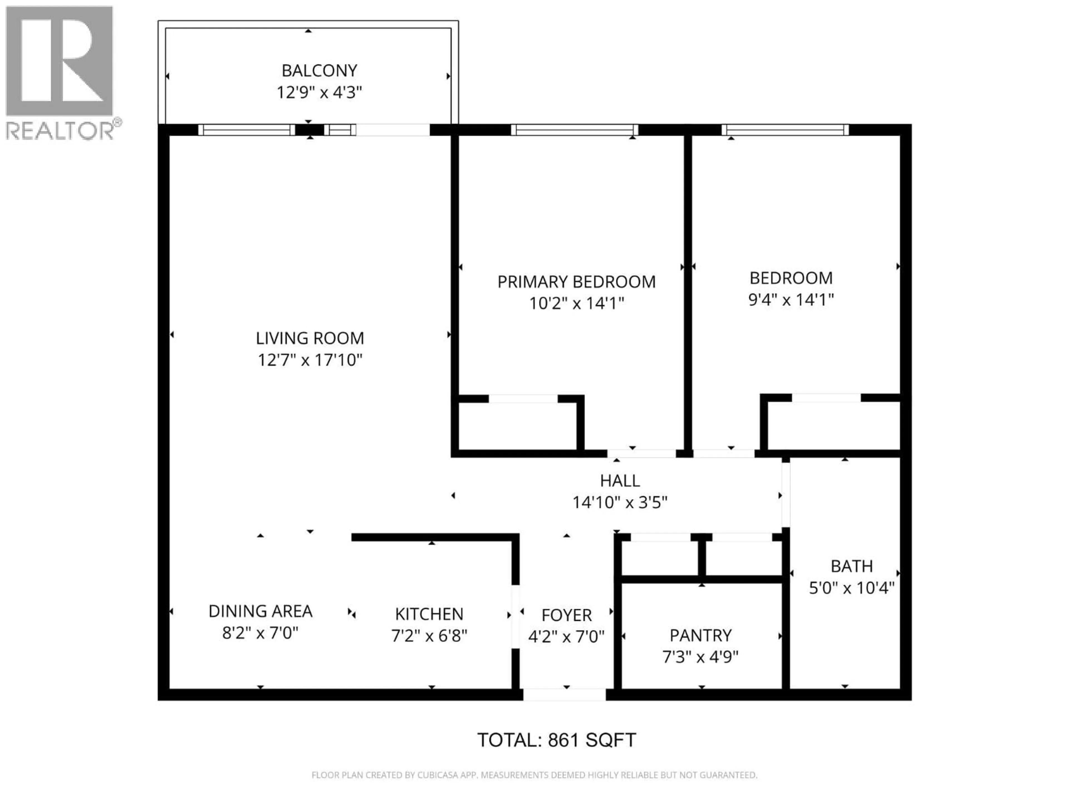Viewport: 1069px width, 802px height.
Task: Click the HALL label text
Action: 620,481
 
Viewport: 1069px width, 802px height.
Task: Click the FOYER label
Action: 567,615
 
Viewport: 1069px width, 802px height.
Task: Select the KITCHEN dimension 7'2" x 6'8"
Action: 429,636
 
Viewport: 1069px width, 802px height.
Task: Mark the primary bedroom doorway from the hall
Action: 641,453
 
